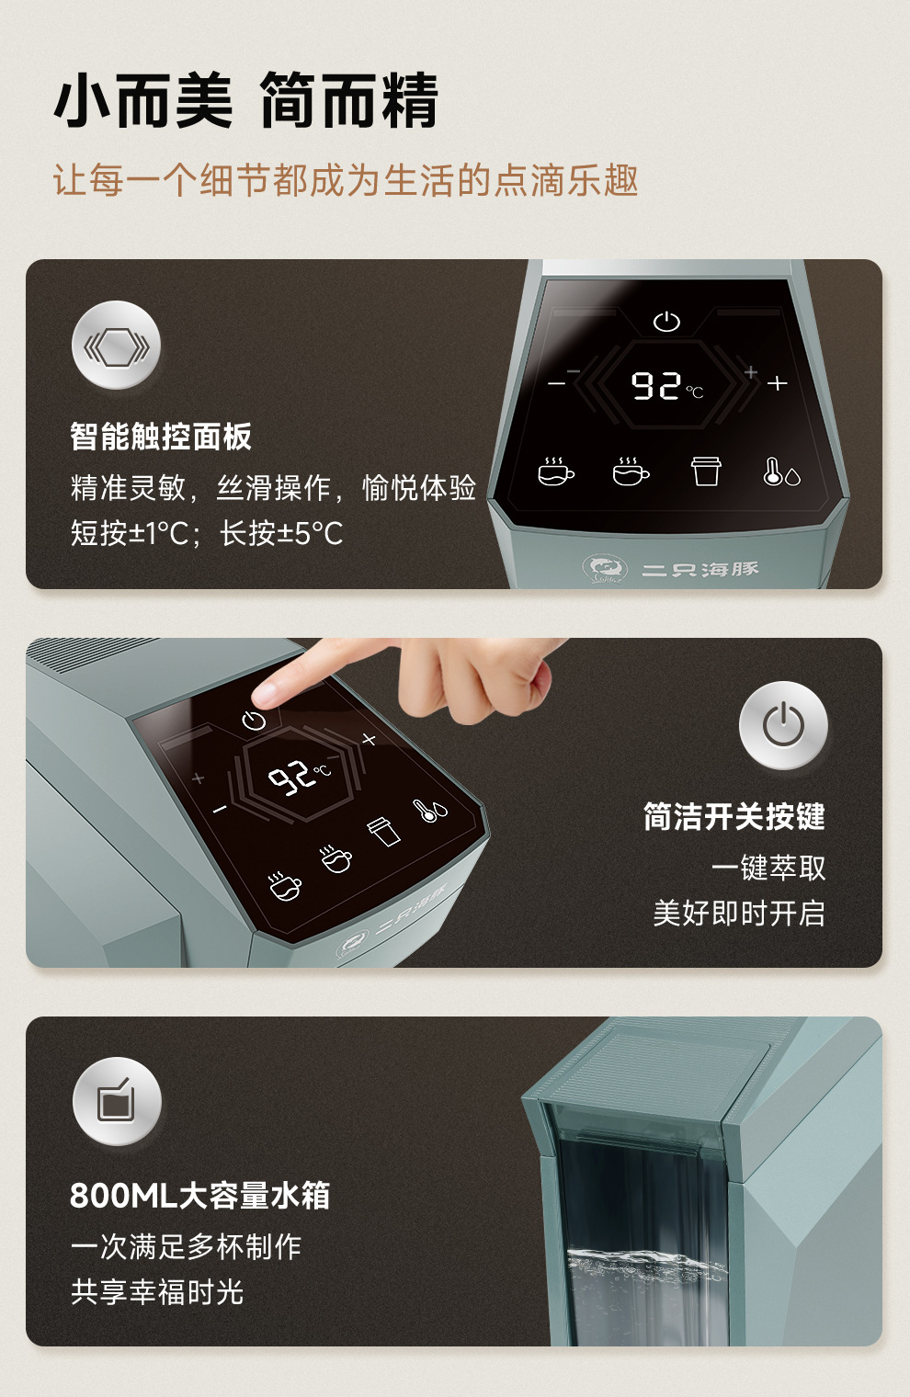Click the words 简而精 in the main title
tap(348, 100)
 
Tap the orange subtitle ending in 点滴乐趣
tap(346, 180)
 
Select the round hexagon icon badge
tap(116, 345)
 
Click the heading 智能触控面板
tap(160, 436)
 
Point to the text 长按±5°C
tap(281, 533)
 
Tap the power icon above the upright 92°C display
tap(666, 322)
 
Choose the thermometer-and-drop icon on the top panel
tap(781, 472)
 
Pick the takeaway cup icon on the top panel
tap(706, 471)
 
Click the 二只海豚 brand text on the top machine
tap(700, 569)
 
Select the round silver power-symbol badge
tap(783, 725)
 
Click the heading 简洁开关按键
tap(734, 816)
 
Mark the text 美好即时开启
tap(739, 914)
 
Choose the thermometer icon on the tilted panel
tap(430, 810)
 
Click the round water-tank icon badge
tap(117, 1101)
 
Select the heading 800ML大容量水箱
tap(199, 1196)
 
